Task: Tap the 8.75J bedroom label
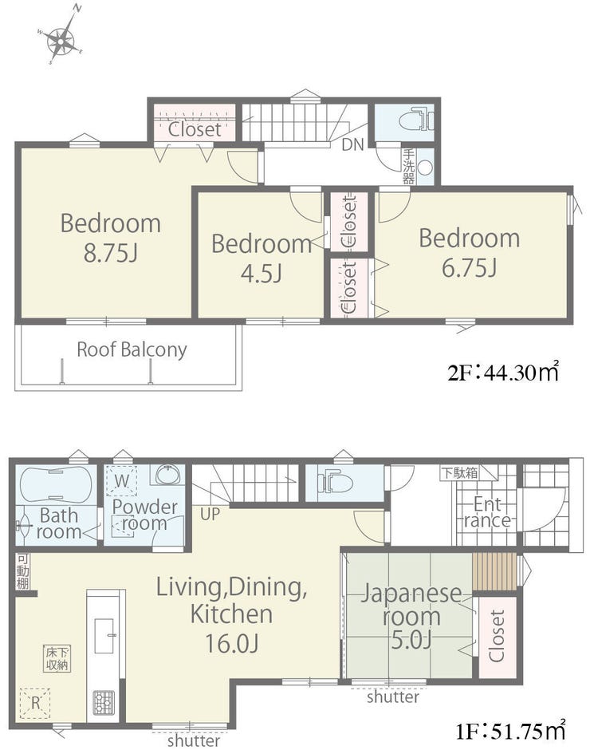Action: [111, 238]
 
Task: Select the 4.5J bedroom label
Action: [262, 259]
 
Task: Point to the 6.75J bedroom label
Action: [469, 253]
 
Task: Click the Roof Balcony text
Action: [132, 349]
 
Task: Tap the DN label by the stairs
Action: [353, 144]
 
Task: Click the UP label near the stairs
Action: [210, 514]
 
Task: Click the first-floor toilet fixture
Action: [335, 480]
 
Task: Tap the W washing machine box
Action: [121, 480]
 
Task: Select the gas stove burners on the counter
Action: [104, 702]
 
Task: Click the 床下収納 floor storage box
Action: [57, 658]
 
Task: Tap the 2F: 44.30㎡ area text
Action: [503, 372]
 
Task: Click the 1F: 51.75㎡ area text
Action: [510, 730]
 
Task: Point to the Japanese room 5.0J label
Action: [411, 616]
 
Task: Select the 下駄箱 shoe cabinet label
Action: [459, 473]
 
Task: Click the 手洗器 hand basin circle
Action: [425, 168]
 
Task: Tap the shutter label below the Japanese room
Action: [393, 697]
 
